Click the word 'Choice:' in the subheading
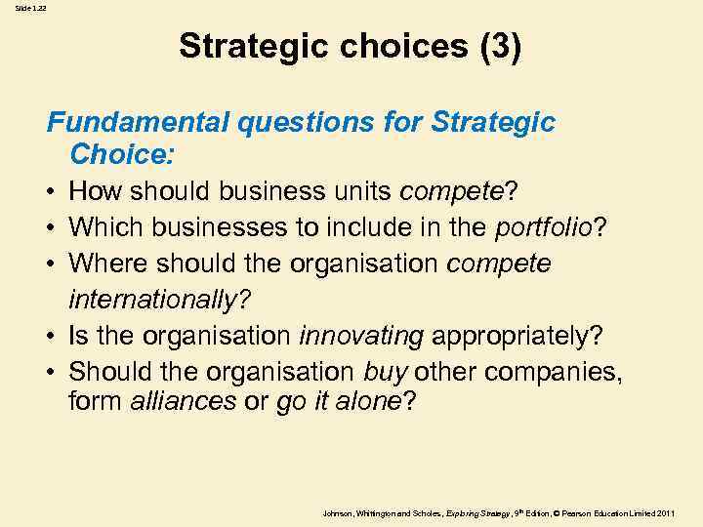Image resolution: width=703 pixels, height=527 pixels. pyautogui.click(x=120, y=154)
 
